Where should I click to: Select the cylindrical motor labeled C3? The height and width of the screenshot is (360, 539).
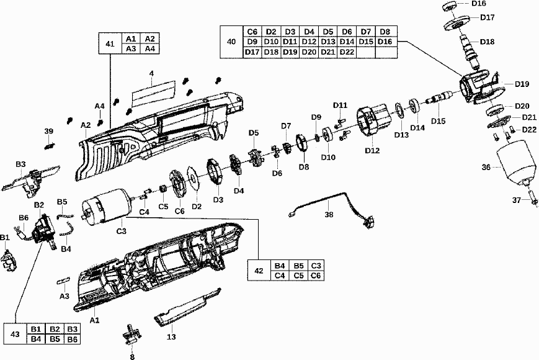[x=104, y=208]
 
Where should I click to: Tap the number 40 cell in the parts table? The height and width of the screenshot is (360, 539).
[x=232, y=42]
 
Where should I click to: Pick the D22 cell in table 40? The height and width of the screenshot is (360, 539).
[x=347, y=52]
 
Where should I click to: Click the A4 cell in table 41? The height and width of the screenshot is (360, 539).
[x=150, y=48]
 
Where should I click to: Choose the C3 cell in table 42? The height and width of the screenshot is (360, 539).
[x=316, y=265]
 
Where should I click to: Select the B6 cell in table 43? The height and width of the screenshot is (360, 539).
[x=73, y=339]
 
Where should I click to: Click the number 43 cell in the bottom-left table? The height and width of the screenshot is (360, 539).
[x=16, y=334]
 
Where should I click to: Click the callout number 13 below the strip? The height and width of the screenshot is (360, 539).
[x=171, y=337]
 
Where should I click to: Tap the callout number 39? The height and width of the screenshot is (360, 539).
[x=48, y=132]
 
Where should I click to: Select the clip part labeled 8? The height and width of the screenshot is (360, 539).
[x=131, y=338]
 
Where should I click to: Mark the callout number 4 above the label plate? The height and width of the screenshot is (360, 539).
[x=151, y=73]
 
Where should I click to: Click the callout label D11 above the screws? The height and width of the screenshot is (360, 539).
[x=340, y=105]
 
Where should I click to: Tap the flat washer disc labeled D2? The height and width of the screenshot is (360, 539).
[x=195, y=181]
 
